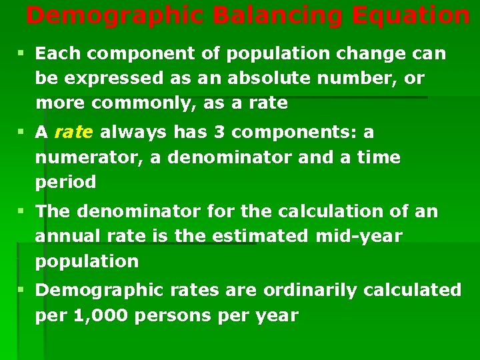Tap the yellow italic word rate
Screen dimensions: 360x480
[x=74, y=133]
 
